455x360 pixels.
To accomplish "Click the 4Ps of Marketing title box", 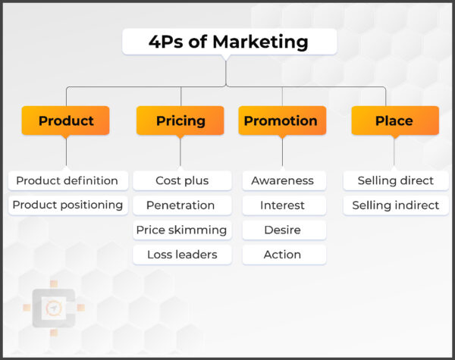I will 229,42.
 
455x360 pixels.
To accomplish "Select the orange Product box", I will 66,121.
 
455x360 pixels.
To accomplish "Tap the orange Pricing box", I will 180,121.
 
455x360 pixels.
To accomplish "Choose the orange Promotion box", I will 281,121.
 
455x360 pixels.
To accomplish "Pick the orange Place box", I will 394,121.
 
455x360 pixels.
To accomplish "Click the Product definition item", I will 67,180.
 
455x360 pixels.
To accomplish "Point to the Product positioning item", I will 67,205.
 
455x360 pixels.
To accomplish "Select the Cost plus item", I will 182,180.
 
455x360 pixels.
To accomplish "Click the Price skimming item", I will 181,230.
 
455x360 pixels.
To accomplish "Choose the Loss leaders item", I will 181,255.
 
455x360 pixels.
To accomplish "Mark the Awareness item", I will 282,180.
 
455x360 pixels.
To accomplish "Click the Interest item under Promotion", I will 282,205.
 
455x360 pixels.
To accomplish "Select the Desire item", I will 282,230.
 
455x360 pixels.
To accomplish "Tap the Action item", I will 282,255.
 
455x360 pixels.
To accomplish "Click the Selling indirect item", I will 395,205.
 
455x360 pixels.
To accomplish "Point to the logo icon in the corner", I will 54,307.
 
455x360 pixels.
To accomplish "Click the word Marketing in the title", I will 261,42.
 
